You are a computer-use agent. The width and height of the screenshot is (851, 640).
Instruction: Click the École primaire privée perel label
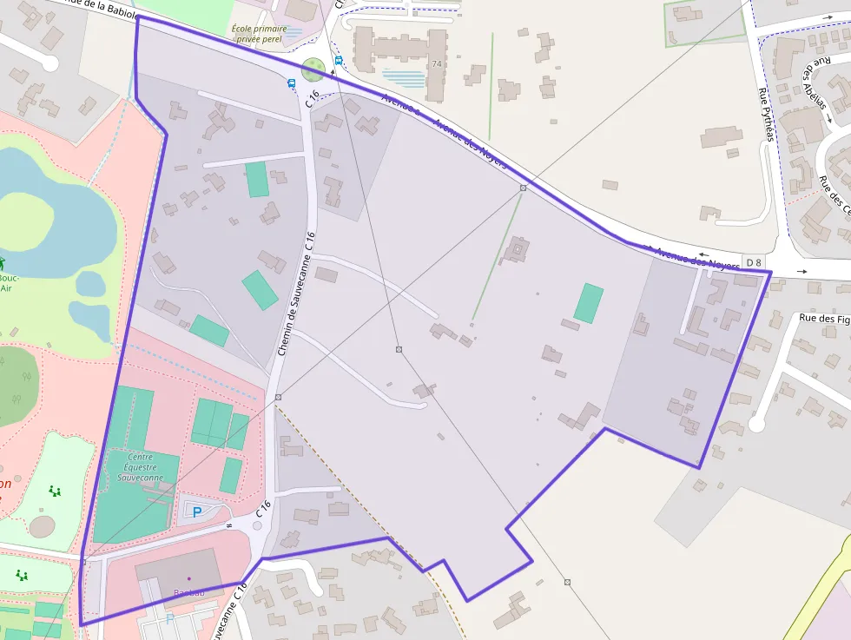(260, 34)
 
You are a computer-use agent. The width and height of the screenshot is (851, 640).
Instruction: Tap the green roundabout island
(313, 67)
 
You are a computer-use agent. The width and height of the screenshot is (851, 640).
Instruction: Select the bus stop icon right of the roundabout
(339, 61)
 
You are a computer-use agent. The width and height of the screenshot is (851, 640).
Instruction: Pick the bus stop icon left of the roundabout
(292, 83)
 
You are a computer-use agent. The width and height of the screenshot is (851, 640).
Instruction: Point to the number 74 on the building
(437, 64)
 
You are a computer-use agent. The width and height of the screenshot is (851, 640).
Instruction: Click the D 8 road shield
(754, 262)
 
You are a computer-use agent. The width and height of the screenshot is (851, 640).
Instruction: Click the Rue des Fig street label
(823, 319)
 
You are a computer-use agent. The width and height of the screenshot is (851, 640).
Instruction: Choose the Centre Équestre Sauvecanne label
(140, 467)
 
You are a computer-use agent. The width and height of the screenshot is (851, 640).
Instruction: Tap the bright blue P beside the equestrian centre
(196, 511)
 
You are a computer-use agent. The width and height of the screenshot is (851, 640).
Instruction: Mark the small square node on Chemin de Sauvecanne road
(278, 397)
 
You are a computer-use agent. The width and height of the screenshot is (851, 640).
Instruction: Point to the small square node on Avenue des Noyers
(523, 188)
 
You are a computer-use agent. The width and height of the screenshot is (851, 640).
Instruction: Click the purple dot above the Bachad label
(188, 577)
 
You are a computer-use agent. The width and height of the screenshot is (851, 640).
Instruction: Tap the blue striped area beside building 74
(405, 78)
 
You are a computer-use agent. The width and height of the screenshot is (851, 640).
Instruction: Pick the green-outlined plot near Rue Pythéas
(704, 22)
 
